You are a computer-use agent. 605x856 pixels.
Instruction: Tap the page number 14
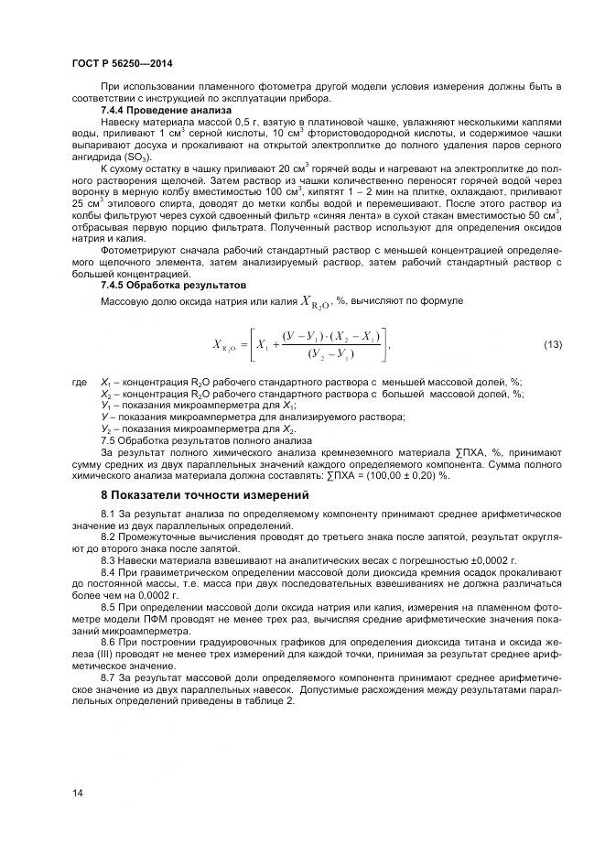[x=78, y=793]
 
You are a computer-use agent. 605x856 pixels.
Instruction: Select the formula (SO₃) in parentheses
[x=133, y=157]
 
